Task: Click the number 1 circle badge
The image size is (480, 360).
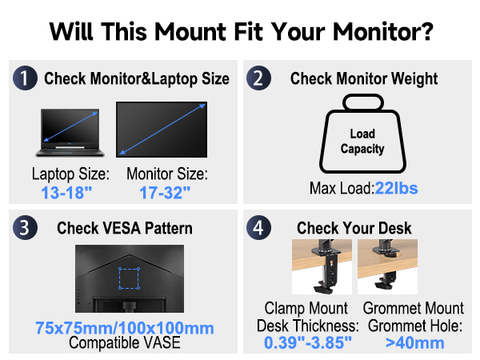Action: point(26,78)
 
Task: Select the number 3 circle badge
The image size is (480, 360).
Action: point(26,227)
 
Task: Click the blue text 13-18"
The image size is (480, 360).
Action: point(68,193)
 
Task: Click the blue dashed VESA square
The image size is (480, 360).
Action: point(128,278)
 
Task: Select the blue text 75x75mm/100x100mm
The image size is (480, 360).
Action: point(125,328)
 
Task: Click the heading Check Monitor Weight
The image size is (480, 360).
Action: point(364,78)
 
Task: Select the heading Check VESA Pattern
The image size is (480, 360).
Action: point(125,228)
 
